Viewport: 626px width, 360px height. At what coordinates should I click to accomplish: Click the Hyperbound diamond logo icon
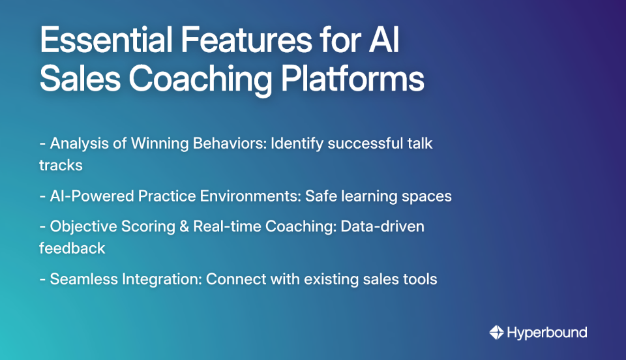496,333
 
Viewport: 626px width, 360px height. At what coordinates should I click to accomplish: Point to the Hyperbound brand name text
547,333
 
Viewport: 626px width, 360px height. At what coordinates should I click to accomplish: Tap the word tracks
61,165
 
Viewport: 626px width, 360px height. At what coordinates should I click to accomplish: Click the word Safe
321,196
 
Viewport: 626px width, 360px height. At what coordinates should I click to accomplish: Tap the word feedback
72,248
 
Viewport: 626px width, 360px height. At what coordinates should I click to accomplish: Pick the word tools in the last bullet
421,279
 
